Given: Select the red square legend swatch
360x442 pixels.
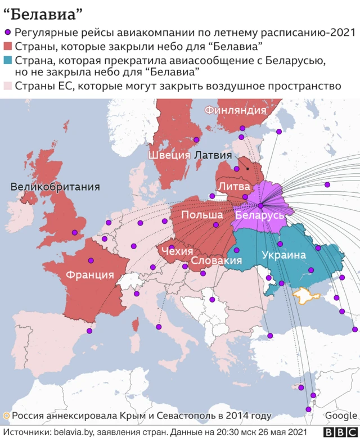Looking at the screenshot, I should click(8, 46).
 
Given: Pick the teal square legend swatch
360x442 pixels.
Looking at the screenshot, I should click(8, 60).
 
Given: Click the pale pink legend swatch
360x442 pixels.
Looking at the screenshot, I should click(8, 86).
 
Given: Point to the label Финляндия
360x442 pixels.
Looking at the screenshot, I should click(235, 110).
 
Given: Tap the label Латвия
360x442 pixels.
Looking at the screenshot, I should click(213, 155).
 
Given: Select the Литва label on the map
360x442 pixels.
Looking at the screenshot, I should click(231, 186).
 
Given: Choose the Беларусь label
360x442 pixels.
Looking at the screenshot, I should click(259, 216).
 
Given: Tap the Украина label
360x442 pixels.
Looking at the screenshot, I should click(283, 255).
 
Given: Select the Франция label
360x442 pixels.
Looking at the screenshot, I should click(90, 276).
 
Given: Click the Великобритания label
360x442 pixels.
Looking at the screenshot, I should click(55, 187).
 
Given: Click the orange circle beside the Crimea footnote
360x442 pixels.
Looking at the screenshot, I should click(6, 416).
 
